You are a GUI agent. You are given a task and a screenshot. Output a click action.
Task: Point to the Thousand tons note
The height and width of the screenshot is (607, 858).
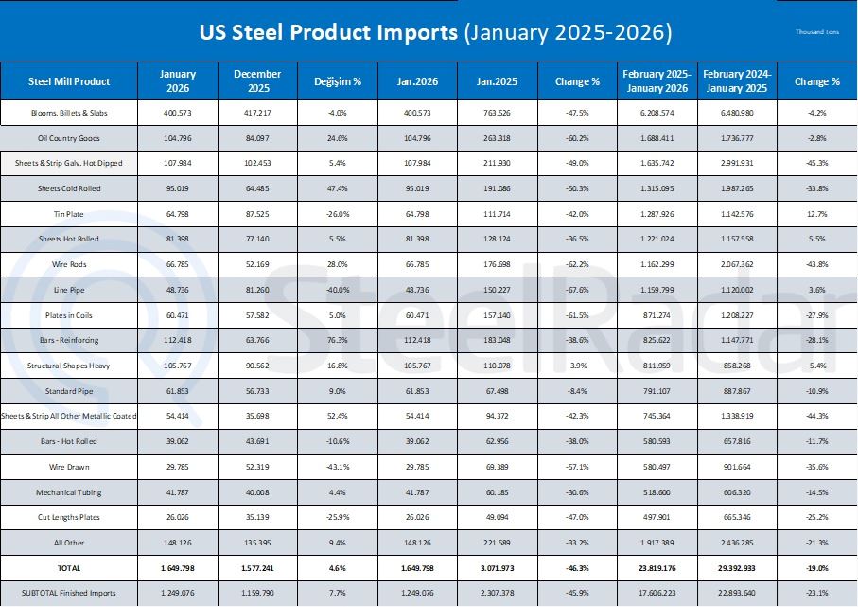817,32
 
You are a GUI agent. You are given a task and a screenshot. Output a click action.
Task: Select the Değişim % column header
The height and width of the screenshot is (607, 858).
338,81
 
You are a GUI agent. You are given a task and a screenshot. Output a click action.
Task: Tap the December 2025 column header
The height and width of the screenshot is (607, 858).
257,81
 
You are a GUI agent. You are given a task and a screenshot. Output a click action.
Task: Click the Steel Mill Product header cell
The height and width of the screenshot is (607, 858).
69,81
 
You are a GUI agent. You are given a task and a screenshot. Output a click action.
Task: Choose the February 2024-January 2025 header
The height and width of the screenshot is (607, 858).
738,81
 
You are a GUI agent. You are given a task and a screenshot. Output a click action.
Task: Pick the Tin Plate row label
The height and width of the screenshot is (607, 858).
69,214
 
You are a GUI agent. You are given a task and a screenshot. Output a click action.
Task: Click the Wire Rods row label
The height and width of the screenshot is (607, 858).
69,264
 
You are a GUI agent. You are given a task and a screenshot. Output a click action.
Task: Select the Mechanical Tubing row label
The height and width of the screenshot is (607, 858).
69,492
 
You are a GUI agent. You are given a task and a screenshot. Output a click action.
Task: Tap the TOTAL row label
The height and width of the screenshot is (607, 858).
69,568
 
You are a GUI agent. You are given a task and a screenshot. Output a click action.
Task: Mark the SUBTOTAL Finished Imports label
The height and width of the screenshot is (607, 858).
69,593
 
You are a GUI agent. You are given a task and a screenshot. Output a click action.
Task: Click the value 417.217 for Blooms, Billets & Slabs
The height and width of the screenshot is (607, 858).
257,113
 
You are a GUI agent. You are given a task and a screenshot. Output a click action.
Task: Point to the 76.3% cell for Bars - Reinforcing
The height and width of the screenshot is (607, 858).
338,340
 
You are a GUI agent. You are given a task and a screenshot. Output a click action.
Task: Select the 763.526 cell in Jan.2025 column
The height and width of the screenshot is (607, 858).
498,113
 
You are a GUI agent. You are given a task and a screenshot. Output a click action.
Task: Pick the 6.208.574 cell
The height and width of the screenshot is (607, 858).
657,113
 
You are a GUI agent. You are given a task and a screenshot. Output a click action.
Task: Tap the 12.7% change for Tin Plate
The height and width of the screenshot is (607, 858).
817,214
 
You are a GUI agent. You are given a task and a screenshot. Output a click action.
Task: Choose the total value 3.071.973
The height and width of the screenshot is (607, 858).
498,568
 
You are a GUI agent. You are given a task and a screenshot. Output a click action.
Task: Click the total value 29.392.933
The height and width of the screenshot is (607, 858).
738,568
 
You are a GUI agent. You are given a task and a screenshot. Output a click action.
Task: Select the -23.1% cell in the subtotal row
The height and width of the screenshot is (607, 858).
817,593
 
